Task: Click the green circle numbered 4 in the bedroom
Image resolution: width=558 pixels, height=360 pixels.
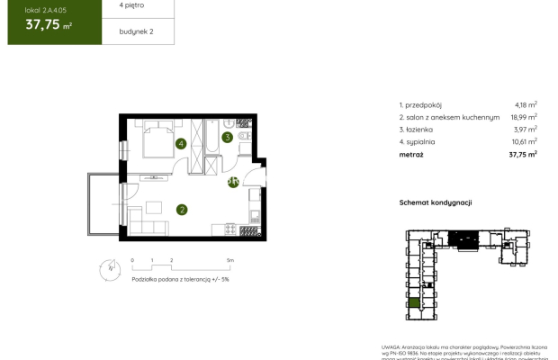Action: click(181, 143)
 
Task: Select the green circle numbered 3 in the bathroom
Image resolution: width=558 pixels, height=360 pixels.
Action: click(228, 138)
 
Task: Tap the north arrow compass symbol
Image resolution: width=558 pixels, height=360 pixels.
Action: click(109, 266)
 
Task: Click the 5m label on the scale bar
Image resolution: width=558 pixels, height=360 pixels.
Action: click(230, 260)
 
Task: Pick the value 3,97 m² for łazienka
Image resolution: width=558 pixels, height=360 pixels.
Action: click(525, 130)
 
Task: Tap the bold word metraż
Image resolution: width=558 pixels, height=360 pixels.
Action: click(412, 154)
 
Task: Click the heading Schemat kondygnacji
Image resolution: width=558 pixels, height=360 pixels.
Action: click(436, 203)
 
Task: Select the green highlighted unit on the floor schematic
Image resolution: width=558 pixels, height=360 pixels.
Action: click(414, 303)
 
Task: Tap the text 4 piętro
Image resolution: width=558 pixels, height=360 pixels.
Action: click(130, 5)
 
